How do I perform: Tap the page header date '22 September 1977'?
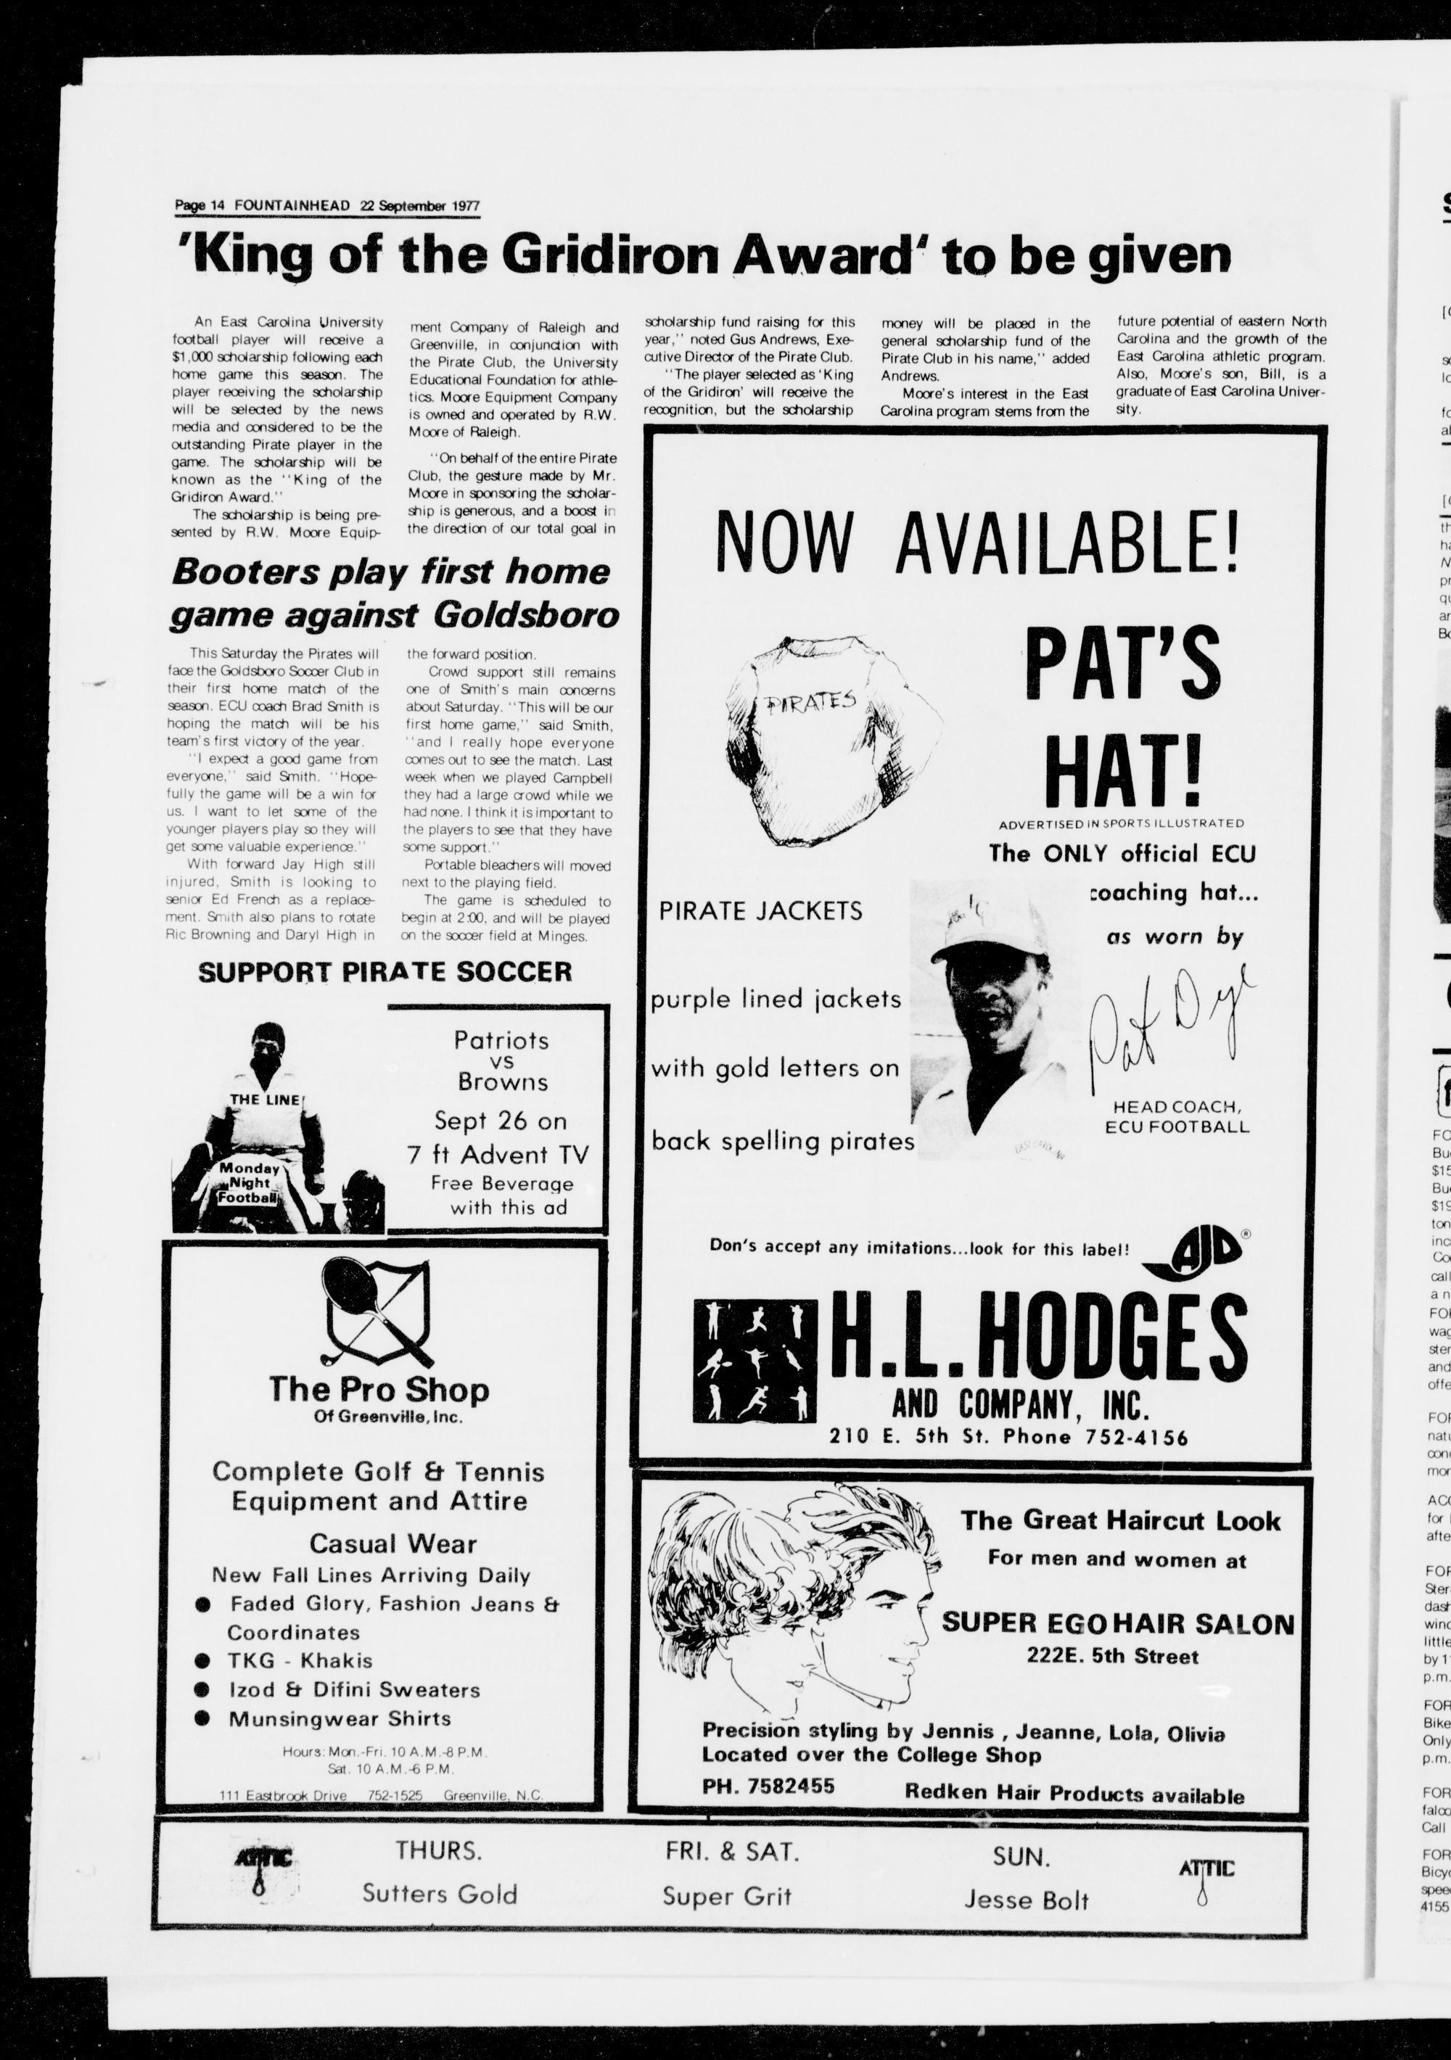pyautogui.click(x=420, y=205)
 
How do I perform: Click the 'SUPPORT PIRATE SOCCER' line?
pyautogui.click(x=384, y=972)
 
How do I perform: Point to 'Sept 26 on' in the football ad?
pyautogui.click(x=501, y=1121)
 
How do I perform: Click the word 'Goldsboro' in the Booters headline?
pyautogui.click(x=526, y=616)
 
